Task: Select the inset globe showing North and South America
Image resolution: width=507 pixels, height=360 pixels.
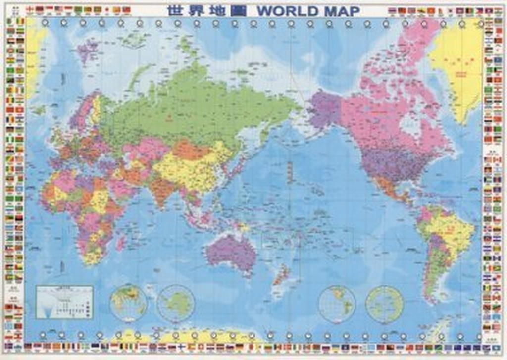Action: click(337, 304)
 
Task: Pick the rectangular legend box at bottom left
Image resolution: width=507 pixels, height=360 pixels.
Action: click(64, 302)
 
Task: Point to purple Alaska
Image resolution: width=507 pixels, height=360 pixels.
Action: click(324, 109)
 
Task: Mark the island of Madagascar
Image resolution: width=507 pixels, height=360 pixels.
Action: click(120, 243)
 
